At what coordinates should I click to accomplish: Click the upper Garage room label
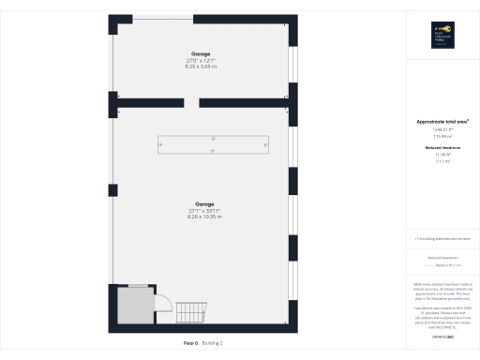202,54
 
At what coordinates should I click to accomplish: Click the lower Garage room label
204,204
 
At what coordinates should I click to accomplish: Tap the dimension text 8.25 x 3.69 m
202,67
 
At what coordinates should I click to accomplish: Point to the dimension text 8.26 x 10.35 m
204,217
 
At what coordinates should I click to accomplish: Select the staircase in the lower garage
190,313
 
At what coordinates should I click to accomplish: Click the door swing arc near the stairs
160,307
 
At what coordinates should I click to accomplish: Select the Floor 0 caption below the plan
191,344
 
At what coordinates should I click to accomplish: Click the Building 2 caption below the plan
214,344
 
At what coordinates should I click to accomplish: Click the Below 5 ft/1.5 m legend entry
446,265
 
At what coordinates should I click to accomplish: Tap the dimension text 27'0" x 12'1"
202,61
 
